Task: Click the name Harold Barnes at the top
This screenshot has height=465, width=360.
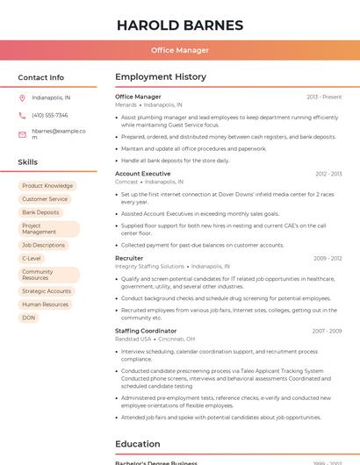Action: coord(180,25)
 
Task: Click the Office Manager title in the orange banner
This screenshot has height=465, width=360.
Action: coord(180,50)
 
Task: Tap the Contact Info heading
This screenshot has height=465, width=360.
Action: coord(41,77)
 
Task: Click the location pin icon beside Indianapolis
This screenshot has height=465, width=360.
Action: coord(22,97)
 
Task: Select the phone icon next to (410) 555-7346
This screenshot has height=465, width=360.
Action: coord(22,115)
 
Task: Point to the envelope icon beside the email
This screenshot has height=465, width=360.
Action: coord(22,134)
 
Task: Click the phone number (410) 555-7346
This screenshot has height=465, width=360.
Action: coord(50,115)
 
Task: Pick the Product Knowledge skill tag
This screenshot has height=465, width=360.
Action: coord(47,186)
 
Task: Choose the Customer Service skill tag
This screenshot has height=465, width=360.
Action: coord(45,199)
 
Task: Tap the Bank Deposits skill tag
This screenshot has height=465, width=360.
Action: coord(41,212)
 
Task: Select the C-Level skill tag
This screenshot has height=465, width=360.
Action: coord(32,259)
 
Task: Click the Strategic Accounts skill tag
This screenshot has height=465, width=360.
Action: coord(47,291)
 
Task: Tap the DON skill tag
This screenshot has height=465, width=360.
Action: coord(29,318)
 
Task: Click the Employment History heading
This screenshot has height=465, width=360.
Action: coord(161,77)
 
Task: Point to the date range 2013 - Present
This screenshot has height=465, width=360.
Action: coord(324,97)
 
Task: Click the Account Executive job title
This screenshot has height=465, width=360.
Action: coord(142,174)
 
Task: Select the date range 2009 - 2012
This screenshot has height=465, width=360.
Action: coord(328,259)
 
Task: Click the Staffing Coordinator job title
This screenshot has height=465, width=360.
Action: coord(146,331)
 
